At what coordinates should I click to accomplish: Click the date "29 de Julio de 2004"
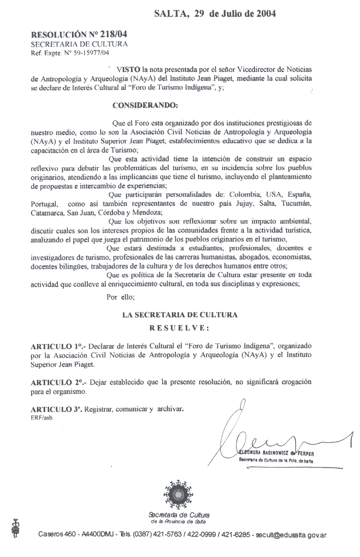pyautogui.click(x=235, y=14)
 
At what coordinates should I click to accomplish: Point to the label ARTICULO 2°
pyautogui.click(x=58, y=382)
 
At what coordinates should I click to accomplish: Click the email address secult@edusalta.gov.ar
pyautogui.click(x=291, y=535)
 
